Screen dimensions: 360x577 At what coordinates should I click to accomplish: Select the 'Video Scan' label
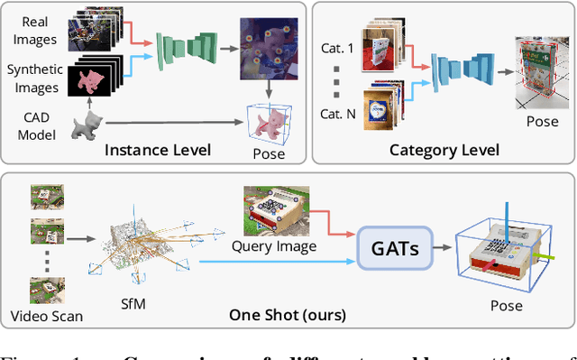coord(47,316)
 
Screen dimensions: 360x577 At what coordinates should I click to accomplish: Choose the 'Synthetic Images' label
coord(32,78)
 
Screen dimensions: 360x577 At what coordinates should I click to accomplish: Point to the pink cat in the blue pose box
coord(268,124)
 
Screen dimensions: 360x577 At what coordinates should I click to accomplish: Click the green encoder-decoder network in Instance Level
coord(187,51)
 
